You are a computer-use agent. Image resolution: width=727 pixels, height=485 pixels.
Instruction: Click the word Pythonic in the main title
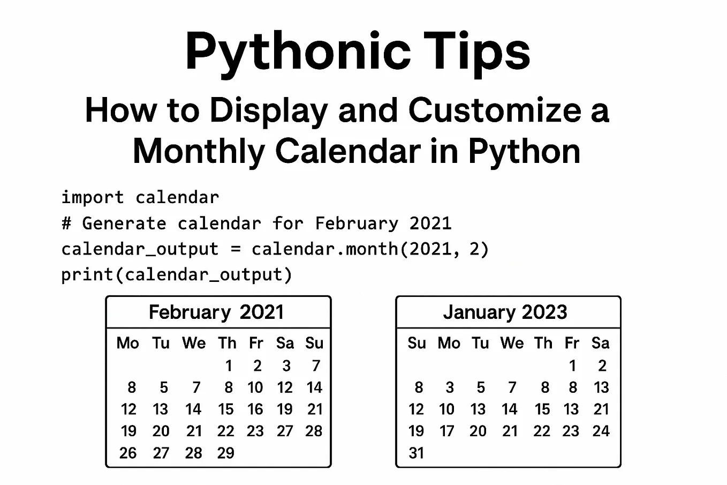297,52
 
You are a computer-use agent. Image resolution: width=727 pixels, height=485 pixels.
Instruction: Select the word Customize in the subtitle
495,110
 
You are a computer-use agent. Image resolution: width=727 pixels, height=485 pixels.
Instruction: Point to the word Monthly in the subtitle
198,151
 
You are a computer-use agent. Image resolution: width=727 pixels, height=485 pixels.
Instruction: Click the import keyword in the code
92,197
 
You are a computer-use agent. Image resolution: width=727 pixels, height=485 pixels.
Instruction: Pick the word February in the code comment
357,223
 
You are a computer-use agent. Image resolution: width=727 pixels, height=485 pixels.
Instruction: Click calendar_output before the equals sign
140,249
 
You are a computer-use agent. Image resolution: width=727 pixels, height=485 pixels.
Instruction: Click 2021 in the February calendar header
261,312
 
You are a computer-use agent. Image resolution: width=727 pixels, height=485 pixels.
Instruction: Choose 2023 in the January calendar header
544,312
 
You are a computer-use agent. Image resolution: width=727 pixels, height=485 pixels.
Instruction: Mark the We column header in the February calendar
194,343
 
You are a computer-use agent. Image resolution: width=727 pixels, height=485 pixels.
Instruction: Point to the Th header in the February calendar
227,343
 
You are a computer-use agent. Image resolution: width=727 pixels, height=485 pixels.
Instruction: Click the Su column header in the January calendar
416,343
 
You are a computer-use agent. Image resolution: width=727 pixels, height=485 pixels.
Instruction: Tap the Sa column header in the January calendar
600,343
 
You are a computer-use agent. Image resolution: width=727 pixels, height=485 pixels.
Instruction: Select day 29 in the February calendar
225,453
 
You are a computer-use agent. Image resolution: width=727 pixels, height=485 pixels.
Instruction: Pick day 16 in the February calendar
255,409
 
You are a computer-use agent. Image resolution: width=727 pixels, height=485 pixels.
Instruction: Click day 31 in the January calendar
416,453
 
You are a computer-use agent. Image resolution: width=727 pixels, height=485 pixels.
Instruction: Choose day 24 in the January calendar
601,431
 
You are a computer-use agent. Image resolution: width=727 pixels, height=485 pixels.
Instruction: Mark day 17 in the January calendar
447,431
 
